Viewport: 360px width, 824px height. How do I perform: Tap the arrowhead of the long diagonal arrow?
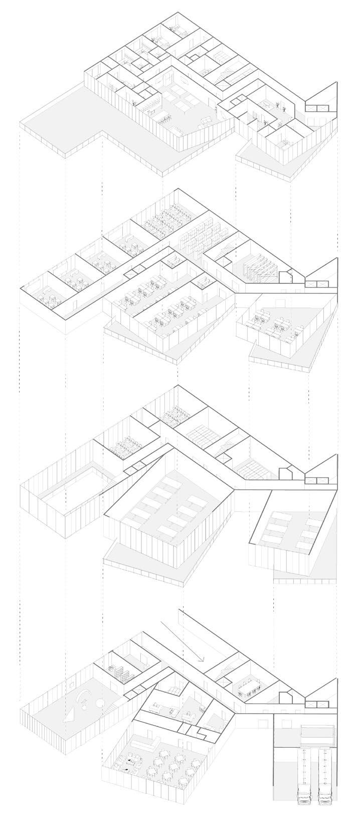pyautogui.click(x=201, y=658)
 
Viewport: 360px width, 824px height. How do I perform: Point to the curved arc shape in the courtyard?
pyautogui.click(x=83, y=695)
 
